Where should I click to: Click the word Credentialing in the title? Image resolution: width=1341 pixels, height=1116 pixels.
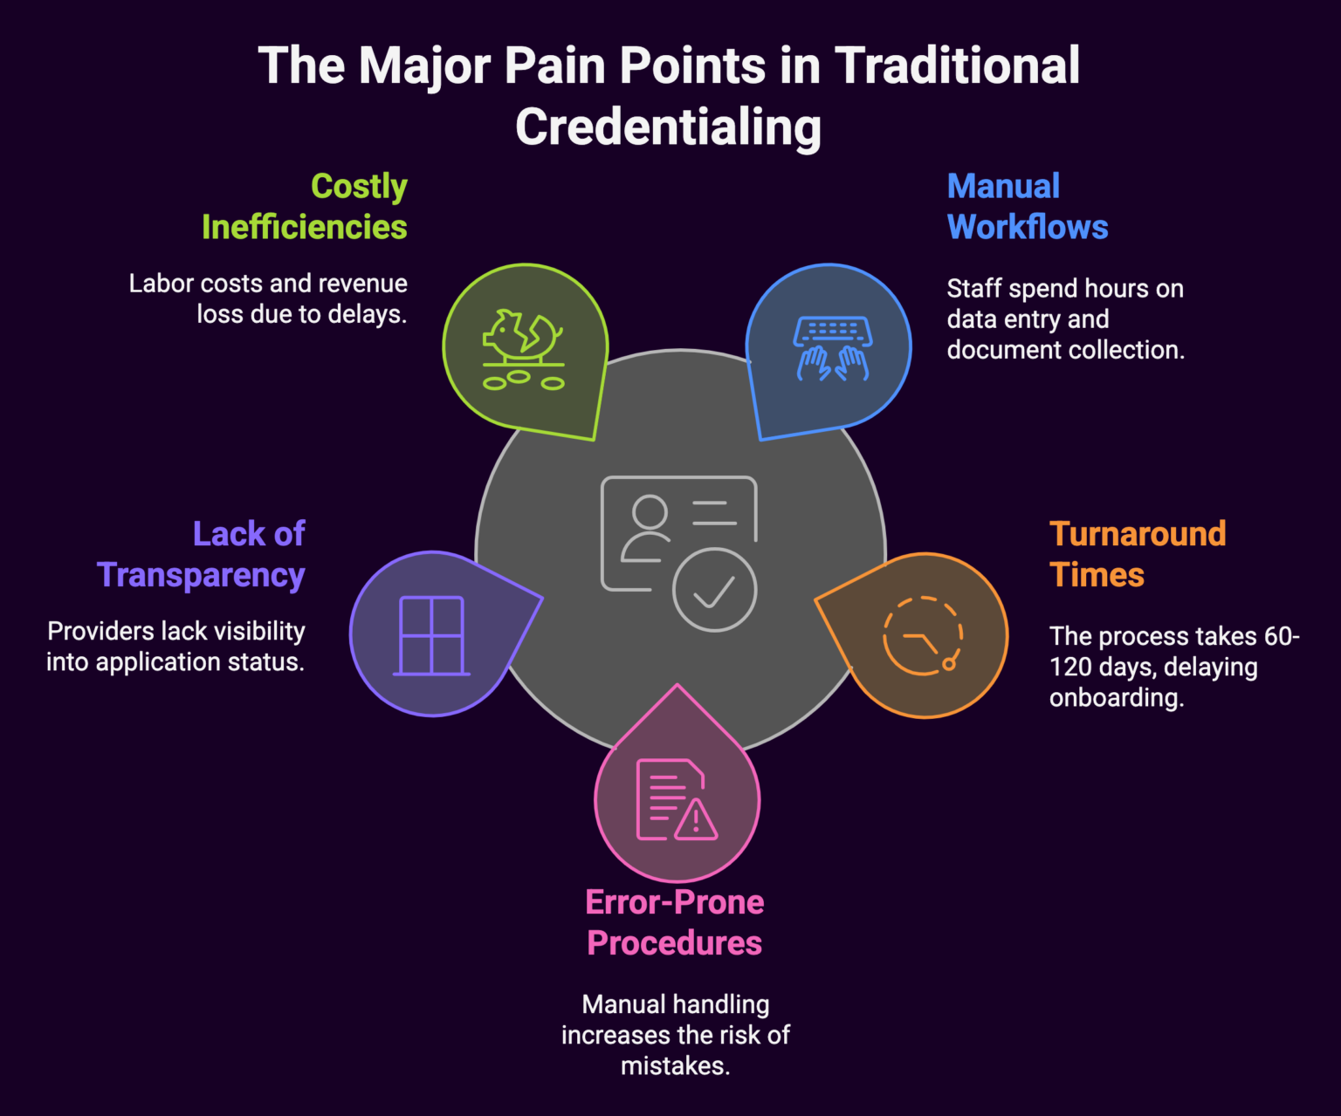coord(668,127)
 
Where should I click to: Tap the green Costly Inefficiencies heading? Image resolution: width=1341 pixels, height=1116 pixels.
coord(304,207)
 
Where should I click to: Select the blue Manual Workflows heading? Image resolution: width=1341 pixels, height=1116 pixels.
coord(1027,207)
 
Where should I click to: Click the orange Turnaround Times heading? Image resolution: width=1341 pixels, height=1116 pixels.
coord(1137,554)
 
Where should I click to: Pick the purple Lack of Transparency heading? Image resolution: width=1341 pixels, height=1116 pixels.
coord(202,554)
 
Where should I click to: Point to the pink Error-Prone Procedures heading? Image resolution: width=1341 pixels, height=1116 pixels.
coord(674,922)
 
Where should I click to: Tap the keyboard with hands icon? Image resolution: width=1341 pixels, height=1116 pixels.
coord(832,348)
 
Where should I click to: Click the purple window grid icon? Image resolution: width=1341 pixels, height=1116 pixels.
coord(431,636)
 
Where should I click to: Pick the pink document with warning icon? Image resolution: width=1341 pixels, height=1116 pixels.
coord(676,800)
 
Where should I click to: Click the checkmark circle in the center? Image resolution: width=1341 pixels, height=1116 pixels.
coord(714,590)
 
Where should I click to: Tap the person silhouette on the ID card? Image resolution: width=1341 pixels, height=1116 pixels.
coord(648,529)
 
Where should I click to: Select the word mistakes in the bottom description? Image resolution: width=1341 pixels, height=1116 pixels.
coord(675,1065)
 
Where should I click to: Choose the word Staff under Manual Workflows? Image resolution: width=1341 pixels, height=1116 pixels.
coord(973,289)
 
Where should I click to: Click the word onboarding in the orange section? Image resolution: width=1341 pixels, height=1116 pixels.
coord(1116,698)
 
